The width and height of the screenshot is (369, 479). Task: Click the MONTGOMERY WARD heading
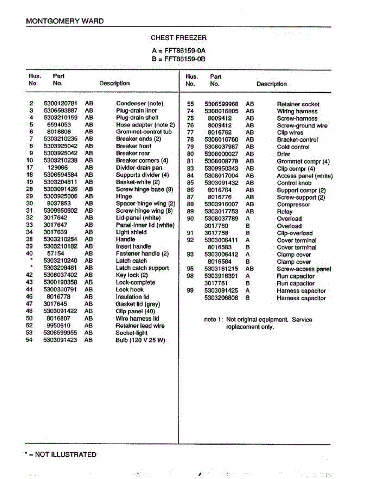[65, 21]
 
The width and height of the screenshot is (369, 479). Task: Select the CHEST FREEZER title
[178, 38]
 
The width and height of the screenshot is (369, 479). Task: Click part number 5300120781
[60, 103]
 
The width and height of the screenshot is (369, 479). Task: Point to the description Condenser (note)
[140, 103]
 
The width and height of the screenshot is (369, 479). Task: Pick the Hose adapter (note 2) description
[145, 125]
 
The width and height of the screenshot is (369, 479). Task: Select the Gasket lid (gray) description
[138, 304]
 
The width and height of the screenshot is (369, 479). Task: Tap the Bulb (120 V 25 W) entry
[140, 340]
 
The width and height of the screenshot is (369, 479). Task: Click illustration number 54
[29, 340]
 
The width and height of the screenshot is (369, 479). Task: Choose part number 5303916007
[221, 204]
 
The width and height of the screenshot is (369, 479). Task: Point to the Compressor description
[293, 204]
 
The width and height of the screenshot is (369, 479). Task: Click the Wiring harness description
[297, 111]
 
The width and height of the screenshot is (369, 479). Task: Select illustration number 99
[190, 291]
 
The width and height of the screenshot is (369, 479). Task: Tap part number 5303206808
[221, 298]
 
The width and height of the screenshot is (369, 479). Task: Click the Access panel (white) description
[305, 176]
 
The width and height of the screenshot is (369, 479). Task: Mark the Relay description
[284, 212]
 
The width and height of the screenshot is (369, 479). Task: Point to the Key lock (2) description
[132, 275]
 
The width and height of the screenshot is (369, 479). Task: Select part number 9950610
[59, 326]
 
